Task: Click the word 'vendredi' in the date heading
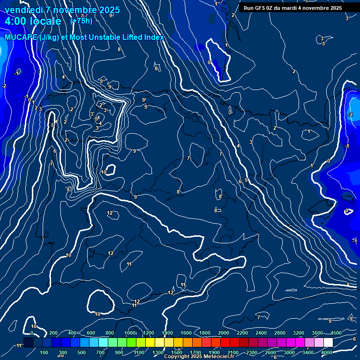coord(22,10)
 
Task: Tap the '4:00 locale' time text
coord(33,21)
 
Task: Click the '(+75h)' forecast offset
coord(81,21)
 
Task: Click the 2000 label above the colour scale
coord(224,333)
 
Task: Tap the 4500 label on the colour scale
coord(336,333)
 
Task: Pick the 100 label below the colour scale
coord(44,352)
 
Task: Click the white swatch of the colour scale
coord(328,343)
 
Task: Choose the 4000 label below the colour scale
coord(327,352)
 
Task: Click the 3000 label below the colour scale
coord(289,352)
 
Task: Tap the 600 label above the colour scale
coord(91,333)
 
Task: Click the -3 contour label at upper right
coord(323,44)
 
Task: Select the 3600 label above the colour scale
coord(317,333)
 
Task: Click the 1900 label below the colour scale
coord(214,352)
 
